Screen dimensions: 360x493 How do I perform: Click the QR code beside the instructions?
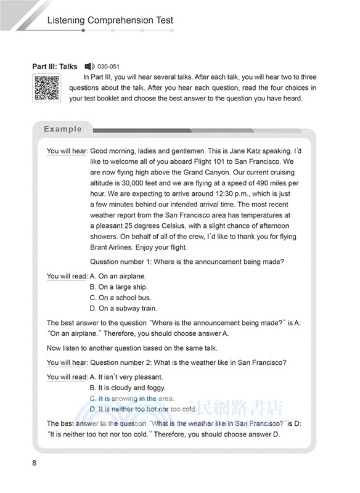46,87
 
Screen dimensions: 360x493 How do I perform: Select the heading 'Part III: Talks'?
55,67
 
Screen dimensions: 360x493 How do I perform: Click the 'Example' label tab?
62,129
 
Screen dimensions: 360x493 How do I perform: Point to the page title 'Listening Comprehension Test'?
110,20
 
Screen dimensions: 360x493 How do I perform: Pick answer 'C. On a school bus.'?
120,298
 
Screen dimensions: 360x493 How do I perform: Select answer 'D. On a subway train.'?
123,309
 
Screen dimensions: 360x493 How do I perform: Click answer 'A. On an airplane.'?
118,277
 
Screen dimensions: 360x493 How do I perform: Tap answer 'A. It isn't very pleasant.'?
126,377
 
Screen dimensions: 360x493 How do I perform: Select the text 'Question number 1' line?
187,262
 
